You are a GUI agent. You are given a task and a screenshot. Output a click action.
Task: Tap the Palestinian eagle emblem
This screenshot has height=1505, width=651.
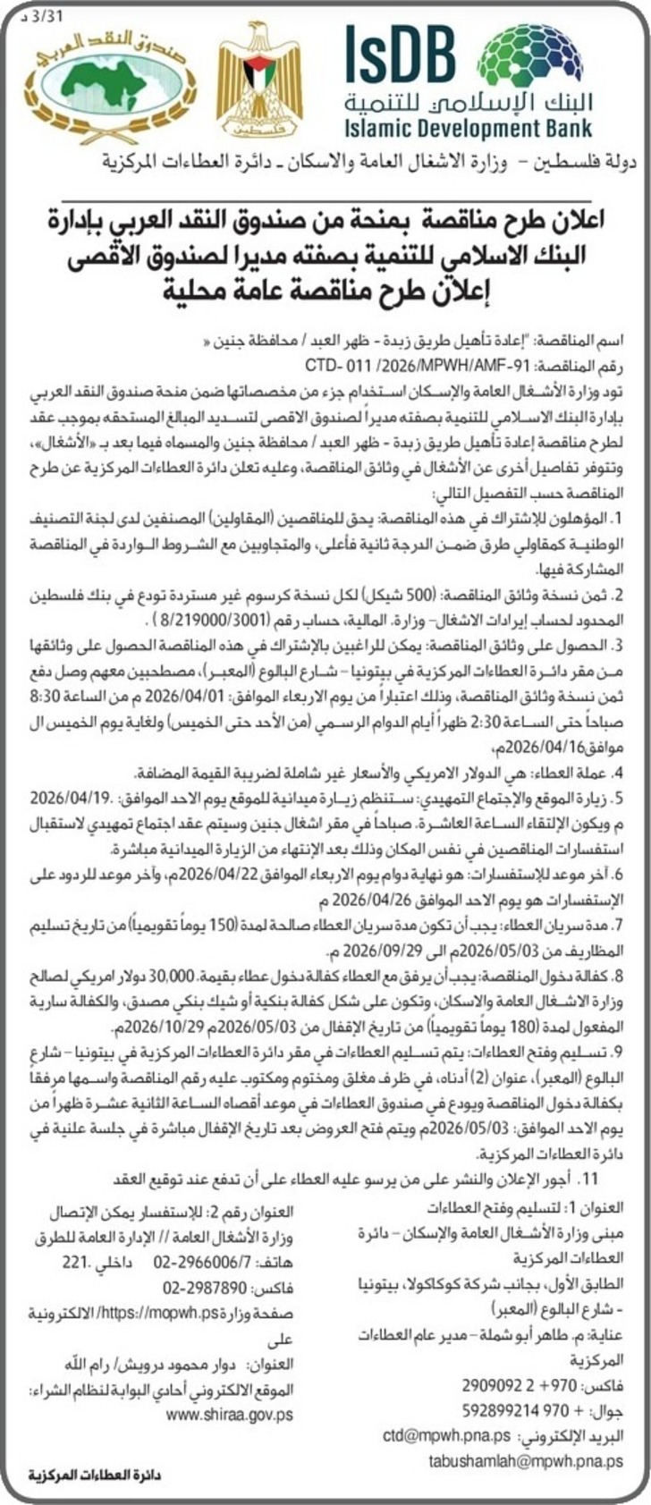(x=259, y=85)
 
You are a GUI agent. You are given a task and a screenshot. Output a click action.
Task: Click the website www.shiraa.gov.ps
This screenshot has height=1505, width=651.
(x=229, y=1416)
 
